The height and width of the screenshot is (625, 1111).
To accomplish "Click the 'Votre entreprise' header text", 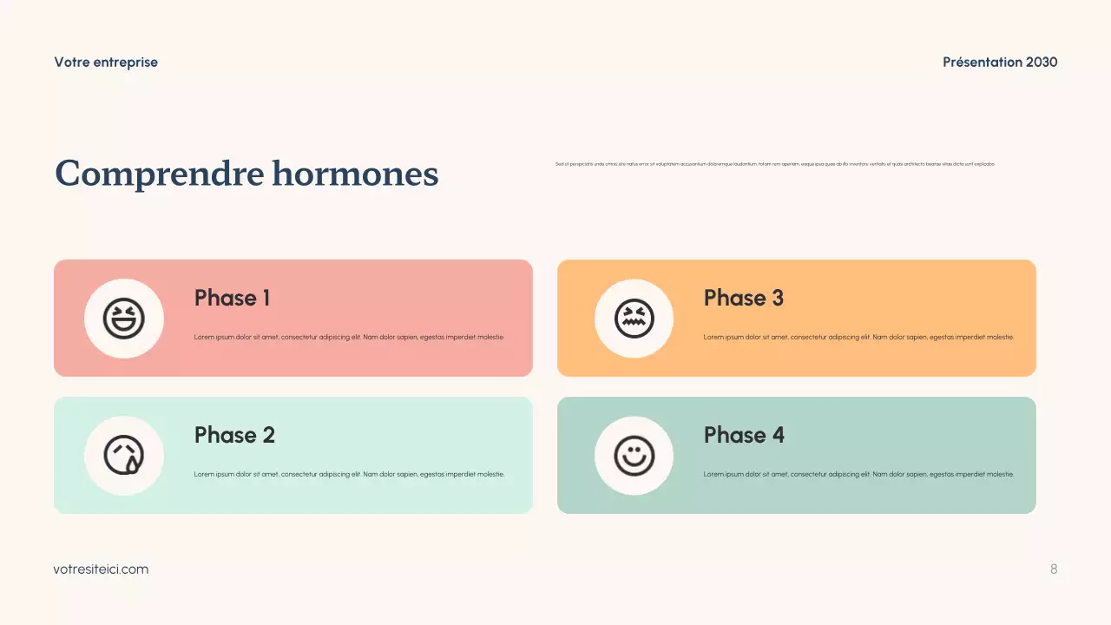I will click(x=106, y=62).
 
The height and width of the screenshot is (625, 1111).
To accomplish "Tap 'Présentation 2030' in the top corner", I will click(x=1000, y=62).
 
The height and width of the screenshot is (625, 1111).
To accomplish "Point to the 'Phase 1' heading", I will click(x=232, y=298).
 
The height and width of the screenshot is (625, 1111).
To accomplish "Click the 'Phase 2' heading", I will click(x=234, y=435).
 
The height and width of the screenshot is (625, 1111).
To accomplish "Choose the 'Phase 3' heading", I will click(x=743, y=298).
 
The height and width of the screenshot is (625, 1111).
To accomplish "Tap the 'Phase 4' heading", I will click(x=744, y=435).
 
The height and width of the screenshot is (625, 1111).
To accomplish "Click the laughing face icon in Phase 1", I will click(x=124, y=319).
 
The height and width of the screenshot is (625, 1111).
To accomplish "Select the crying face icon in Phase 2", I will click(x=124, y=456).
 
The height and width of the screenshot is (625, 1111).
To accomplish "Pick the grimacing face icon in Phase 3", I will click(x=634, y=319).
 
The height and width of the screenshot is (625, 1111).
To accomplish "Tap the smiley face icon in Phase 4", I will click(x=634, y=456).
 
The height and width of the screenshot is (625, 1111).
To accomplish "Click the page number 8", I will click(x=1054, y=569).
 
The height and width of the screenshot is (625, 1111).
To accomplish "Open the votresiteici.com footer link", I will click(x=101, y=569).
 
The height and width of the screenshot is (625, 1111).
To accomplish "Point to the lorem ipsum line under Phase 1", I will click(x=349, y=337).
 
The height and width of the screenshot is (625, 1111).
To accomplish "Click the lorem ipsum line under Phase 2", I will click(x=349, y=474).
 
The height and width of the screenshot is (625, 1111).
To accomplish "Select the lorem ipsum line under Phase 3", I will click(x=858, y=337).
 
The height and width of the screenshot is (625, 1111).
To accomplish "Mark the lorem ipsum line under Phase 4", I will click(x=858, y=474).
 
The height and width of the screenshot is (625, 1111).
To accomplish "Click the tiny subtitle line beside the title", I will click(x=775, y=164).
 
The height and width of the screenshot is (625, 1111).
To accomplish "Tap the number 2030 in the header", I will click(x=1042, y=62).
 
